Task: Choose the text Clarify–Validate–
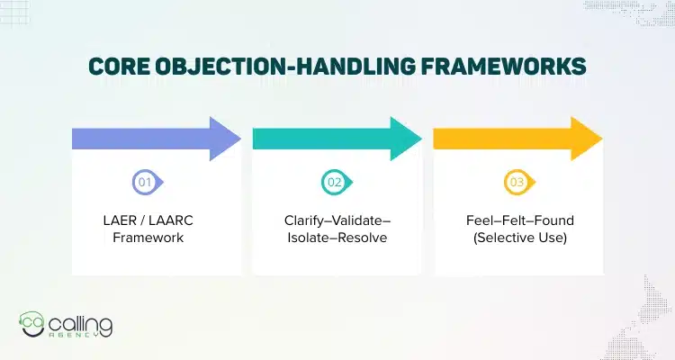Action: point(337,220)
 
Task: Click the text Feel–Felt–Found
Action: point(517,220)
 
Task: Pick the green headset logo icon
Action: point(34,325)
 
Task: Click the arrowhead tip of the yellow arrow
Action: point(602,138)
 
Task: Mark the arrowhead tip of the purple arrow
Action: point(240,138)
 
